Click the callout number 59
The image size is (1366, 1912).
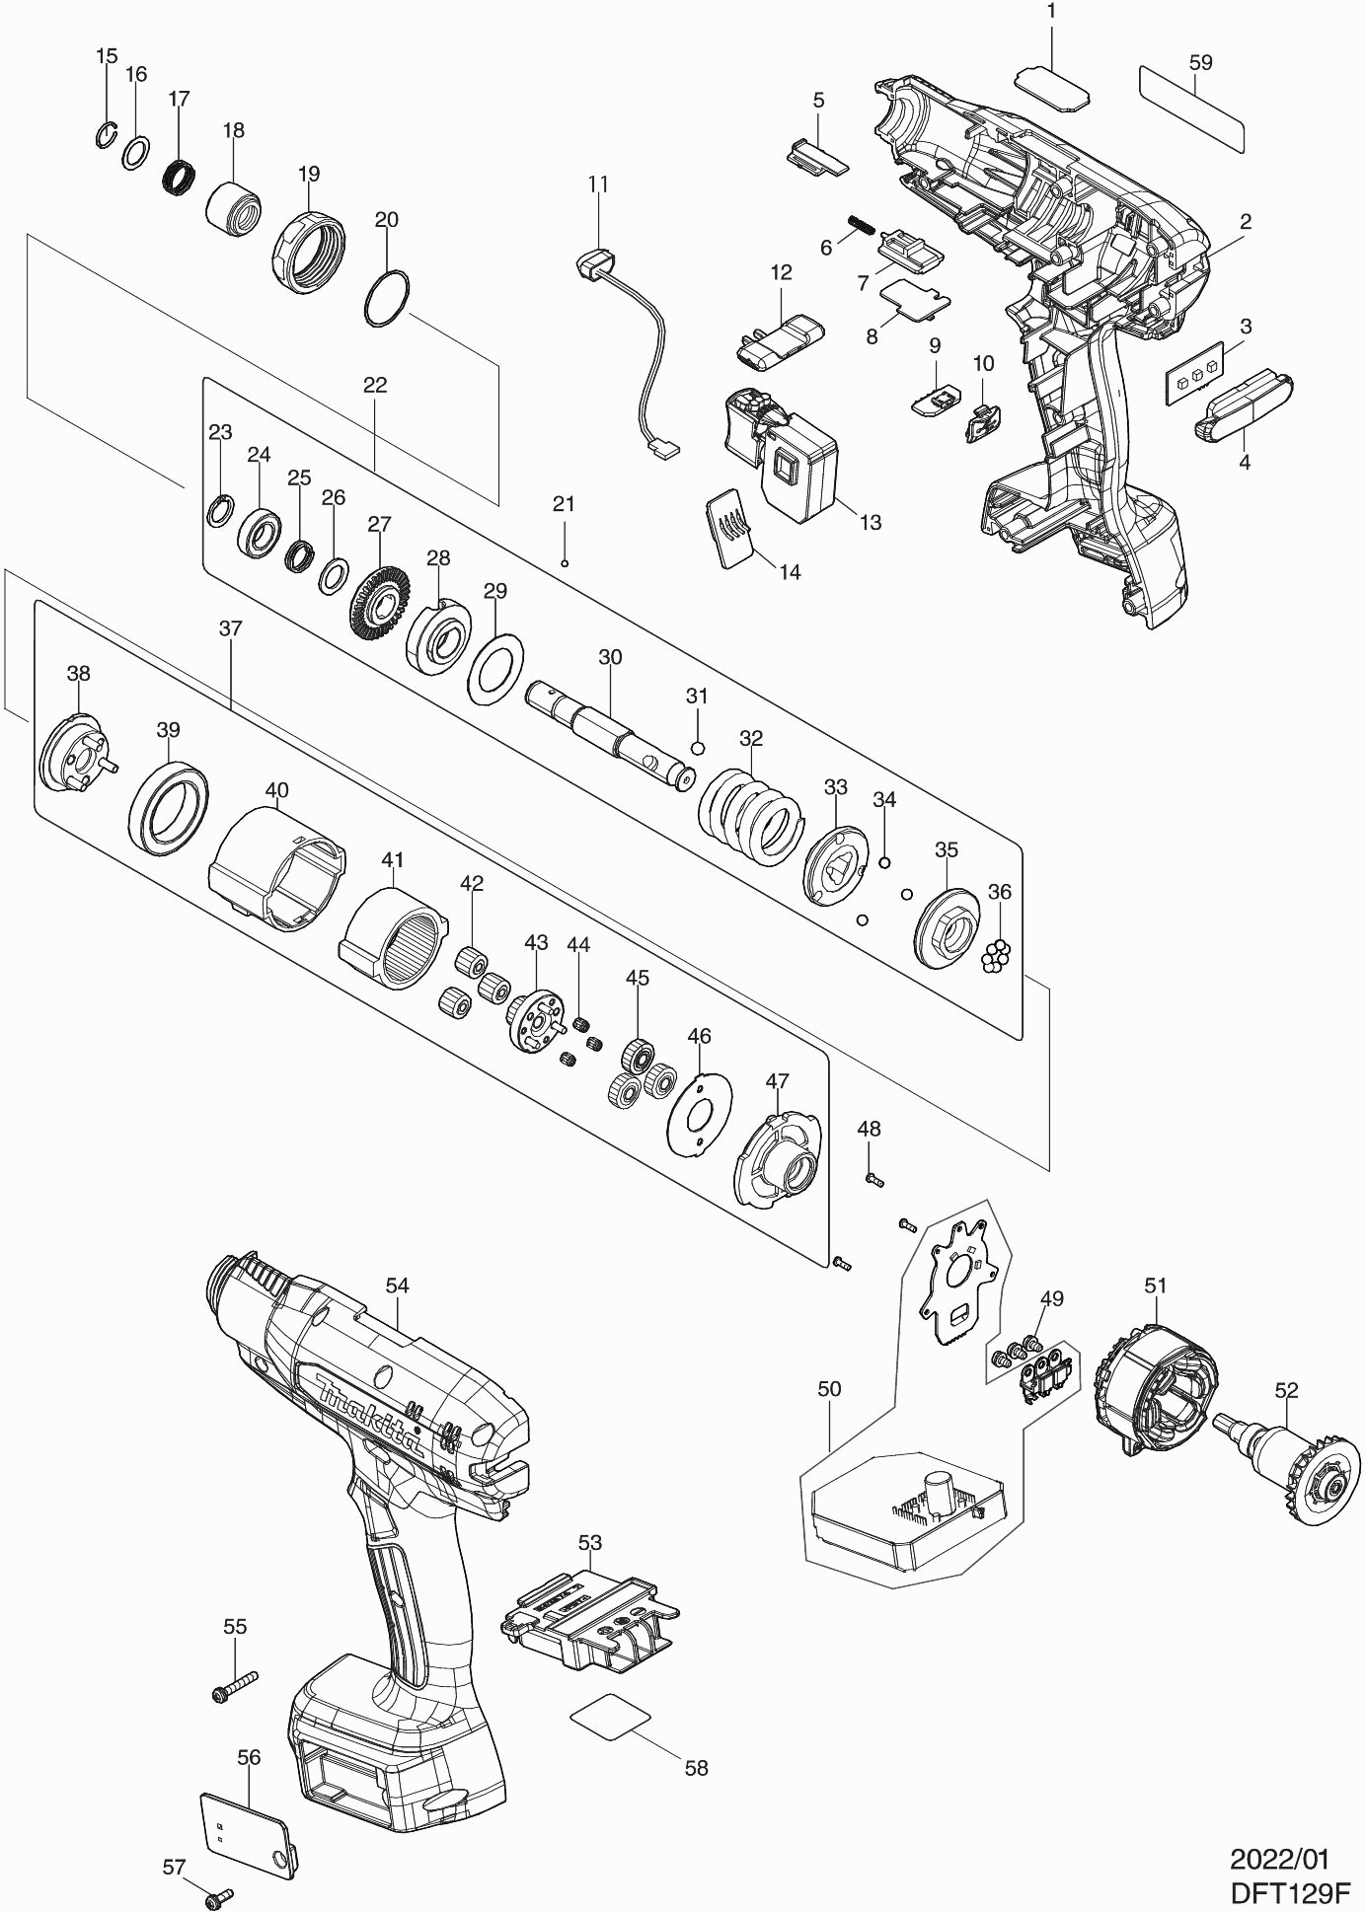(1200, 62)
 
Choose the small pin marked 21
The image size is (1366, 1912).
(563, 563)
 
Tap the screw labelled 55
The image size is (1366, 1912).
(234, 1686)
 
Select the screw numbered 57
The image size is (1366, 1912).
(218, 1896)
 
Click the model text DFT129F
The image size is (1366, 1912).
(1289, 1893)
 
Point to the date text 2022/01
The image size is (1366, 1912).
(1279, 1860)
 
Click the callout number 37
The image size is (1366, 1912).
(230, 628)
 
